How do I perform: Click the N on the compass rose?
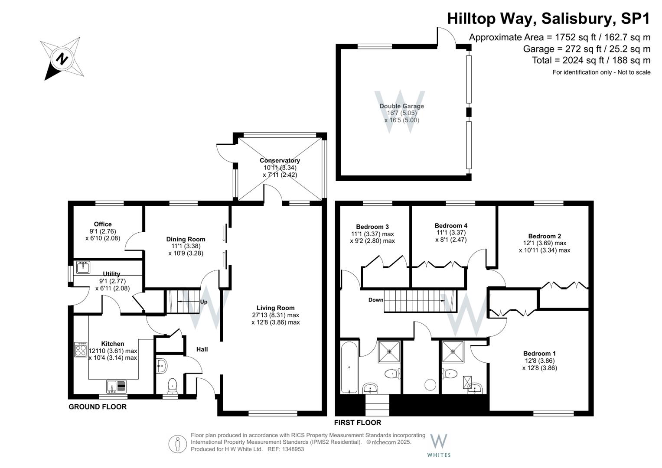62,58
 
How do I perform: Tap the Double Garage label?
401,106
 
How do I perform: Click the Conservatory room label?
280,160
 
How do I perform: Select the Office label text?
103,224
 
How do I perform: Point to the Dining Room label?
186,239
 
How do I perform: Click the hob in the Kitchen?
80,350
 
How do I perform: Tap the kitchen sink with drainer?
116,387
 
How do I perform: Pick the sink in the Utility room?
83,267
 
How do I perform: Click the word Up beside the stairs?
204,302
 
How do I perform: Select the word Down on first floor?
375,300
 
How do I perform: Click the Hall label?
202,349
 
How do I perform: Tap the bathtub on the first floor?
349,367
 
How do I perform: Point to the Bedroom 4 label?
451,226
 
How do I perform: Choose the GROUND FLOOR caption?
98,407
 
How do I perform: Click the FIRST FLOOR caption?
358,423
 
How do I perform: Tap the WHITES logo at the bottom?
439,445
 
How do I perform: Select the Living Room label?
275,308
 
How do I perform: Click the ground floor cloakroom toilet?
172,386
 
